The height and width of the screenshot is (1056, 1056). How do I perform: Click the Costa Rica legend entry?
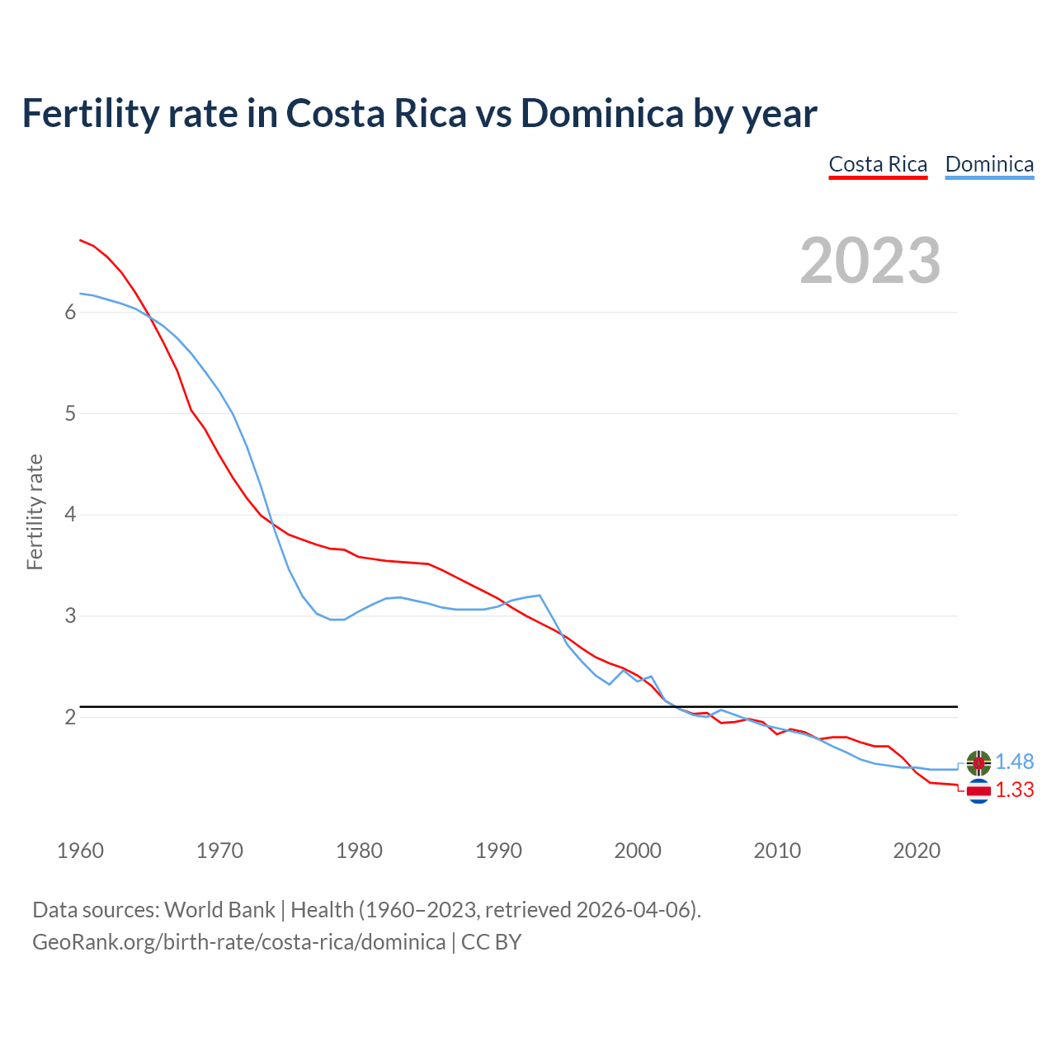click(878, 164)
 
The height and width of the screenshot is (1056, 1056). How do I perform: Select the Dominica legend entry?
click(989, 164)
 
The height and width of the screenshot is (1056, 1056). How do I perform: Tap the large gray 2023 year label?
click(870, 261)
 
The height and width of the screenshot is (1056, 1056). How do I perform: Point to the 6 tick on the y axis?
click(70, 312)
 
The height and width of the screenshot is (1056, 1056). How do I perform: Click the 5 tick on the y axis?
click(70, 413)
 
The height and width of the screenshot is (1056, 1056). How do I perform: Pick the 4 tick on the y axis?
click(70, 515)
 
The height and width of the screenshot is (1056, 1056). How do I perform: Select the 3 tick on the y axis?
click(70, 616)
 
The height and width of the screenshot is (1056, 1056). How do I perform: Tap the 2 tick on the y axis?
click(70, 717)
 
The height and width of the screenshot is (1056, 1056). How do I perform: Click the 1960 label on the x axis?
click(80, 851)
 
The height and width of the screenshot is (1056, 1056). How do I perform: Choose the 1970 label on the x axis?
click(219, 851)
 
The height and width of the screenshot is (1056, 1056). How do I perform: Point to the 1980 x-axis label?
click(359, 851)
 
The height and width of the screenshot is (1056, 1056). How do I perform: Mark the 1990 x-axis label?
click(498, 851)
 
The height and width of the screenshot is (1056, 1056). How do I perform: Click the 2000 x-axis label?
click(638, 851)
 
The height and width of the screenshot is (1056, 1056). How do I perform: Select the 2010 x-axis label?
click(777, 851)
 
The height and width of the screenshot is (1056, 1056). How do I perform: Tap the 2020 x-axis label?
click(917, 851)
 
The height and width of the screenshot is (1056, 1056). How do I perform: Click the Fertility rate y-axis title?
click(35, 511)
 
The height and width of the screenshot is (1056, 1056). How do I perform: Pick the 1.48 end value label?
click(1014, 762)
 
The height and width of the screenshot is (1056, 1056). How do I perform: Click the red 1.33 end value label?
click(1014, 790)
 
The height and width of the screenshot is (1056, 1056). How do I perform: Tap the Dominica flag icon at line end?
click(978, 763)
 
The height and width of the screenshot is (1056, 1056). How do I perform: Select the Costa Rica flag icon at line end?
click(978, 791)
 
